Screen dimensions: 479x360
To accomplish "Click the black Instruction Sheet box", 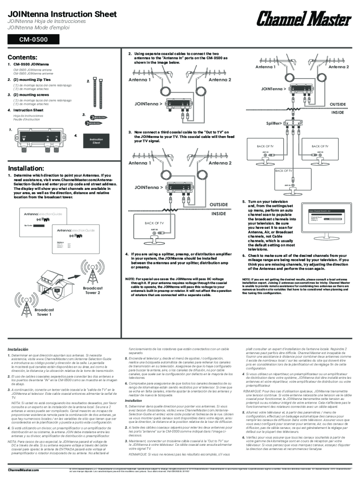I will pyautogui.click(x=96, y=140).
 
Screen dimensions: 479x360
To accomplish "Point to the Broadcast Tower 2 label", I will pyautogui.click(x=93, y=290).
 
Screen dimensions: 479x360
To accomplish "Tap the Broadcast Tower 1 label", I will pyautogui.click(x=44, y=312).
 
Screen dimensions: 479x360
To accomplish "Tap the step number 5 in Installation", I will pyautogui.click(x=244, y=201).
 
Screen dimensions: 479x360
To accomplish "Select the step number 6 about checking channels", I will pyautogui.click(x=244, y=255).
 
